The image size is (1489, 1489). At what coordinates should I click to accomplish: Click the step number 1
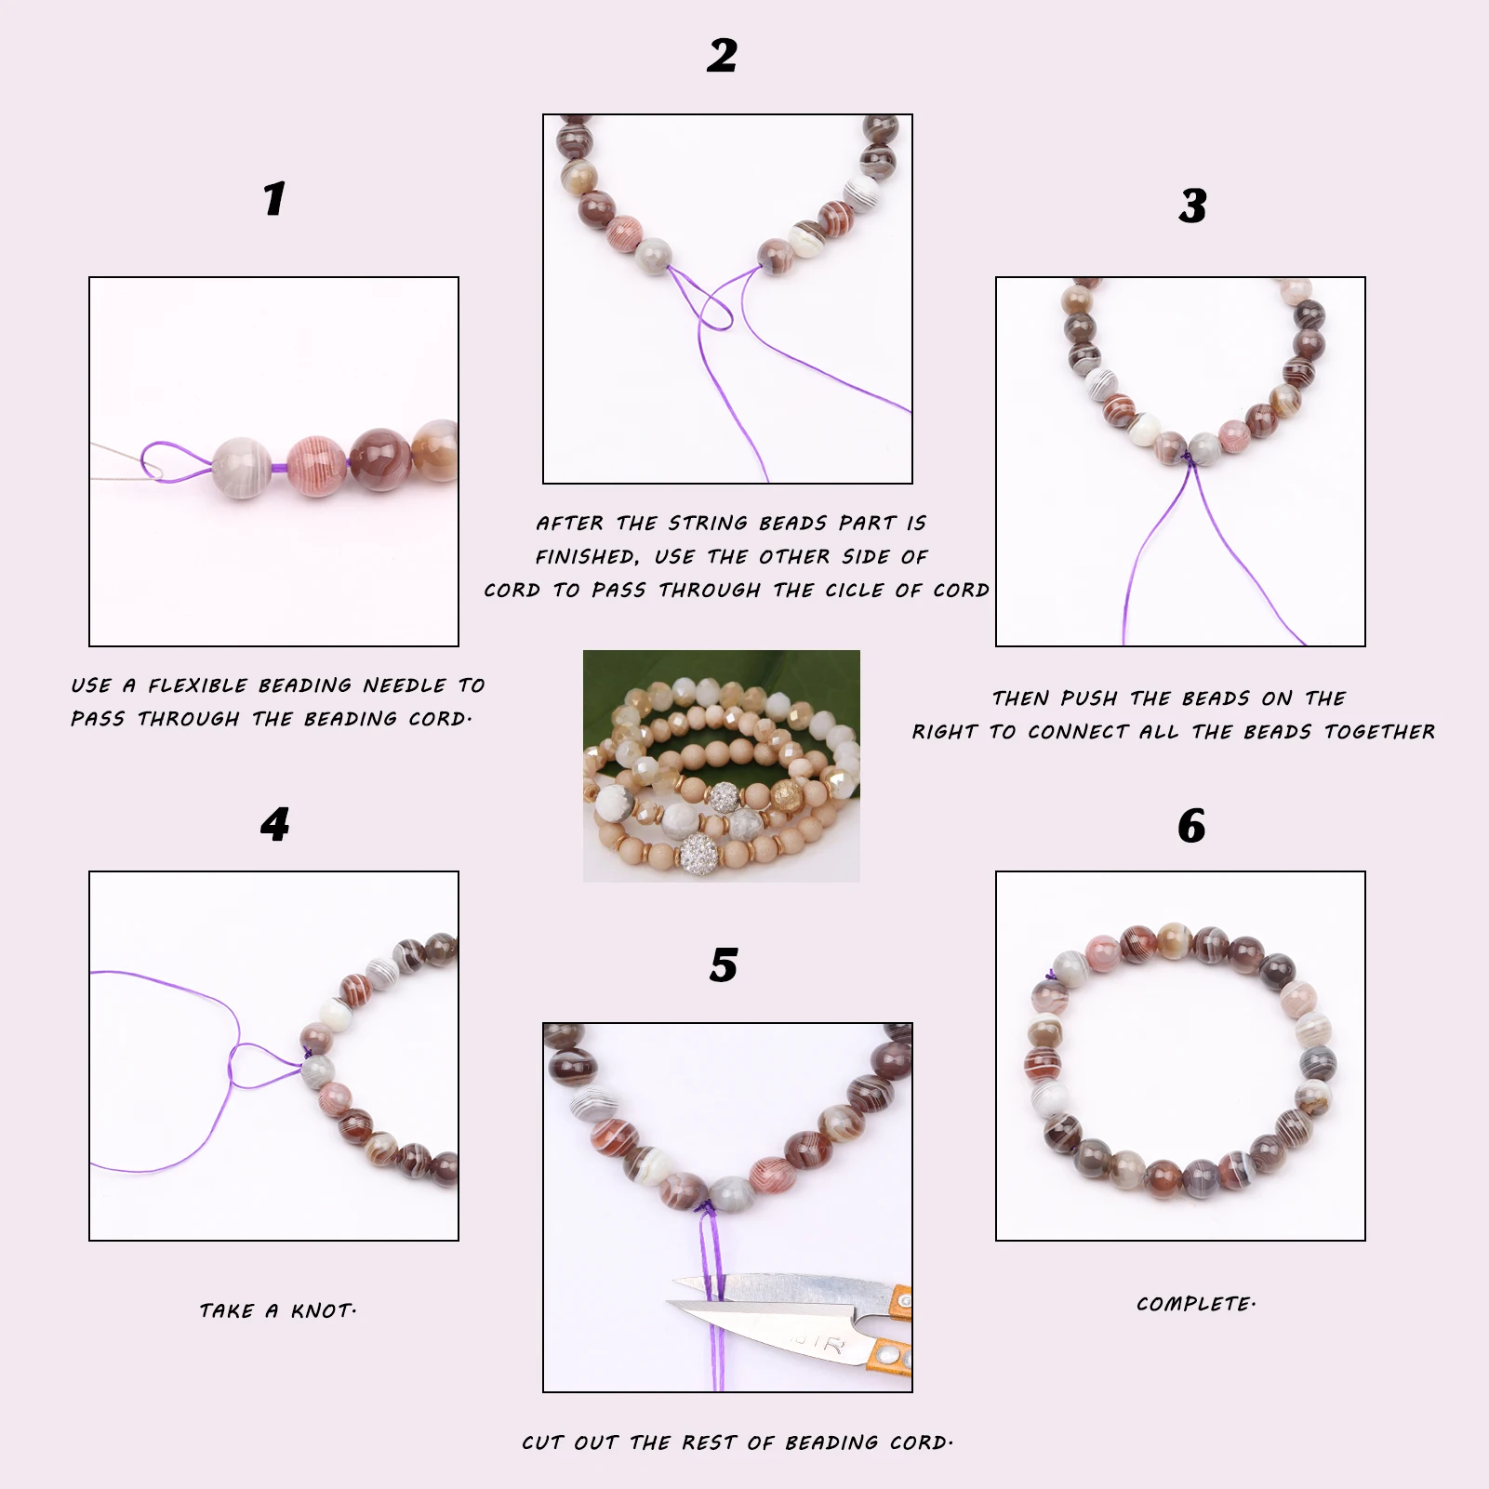[273, 198]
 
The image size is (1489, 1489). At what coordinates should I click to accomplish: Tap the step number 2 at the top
[722, 56]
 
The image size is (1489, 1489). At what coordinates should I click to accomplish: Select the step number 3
[1192, 206]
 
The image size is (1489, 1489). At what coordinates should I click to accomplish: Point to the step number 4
[274, 824]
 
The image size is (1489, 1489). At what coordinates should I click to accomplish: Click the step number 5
[724, 965]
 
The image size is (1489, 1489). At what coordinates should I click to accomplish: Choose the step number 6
[1191, 826]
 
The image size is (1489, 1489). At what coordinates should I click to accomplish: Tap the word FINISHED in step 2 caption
[587, 557]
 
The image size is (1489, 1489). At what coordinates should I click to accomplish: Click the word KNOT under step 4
[324, 1310]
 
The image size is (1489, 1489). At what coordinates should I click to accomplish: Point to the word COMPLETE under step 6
[1196, 1304]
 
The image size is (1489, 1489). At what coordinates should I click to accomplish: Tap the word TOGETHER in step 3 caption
[1380, 732]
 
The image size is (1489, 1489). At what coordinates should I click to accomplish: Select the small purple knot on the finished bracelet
[1052, 976]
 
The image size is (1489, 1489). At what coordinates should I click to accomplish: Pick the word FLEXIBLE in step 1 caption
[198, 685]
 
